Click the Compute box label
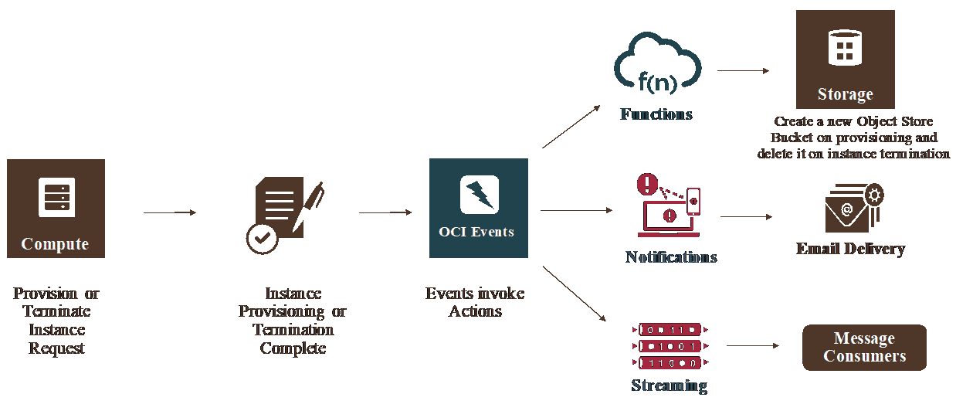point(55,244)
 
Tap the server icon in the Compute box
point(56,197)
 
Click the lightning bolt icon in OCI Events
point(479,194)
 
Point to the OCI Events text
point(476,232)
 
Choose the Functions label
point(656,114)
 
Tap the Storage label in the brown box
point(845,94)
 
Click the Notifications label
point(671,257)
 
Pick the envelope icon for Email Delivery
point(850,209)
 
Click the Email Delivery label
point(850,249)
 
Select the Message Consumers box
point(864,348)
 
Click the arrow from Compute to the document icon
point(170,212)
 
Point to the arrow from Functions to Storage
point(743,70)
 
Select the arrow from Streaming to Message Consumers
point(753,345)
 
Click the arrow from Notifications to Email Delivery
point(746,217)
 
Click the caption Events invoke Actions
point(475,303)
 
